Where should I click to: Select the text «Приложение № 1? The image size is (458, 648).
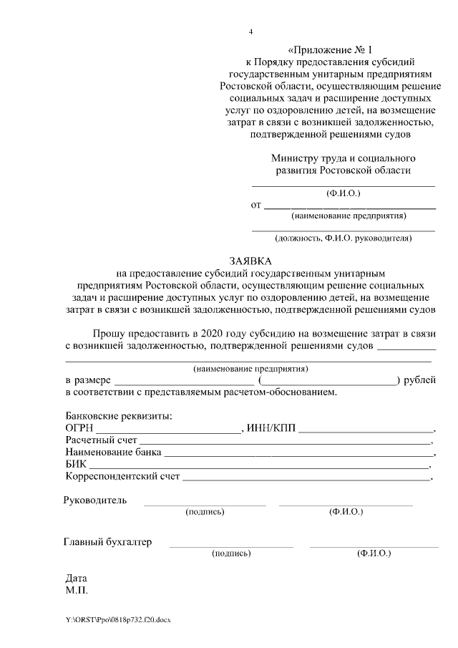(x=331, y=50)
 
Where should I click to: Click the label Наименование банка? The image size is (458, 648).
(x=113, y=453)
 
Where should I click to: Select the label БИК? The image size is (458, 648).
(x=76, y=464)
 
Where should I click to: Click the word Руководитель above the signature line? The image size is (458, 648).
(x=95, y=500)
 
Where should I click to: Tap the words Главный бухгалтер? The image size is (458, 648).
(x=108, y=542)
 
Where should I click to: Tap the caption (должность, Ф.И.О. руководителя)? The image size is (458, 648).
(x=343, y=238)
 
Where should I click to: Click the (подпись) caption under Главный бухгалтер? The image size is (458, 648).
(x=231, y=553)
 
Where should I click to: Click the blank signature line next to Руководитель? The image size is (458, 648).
(x=205, y=505)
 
